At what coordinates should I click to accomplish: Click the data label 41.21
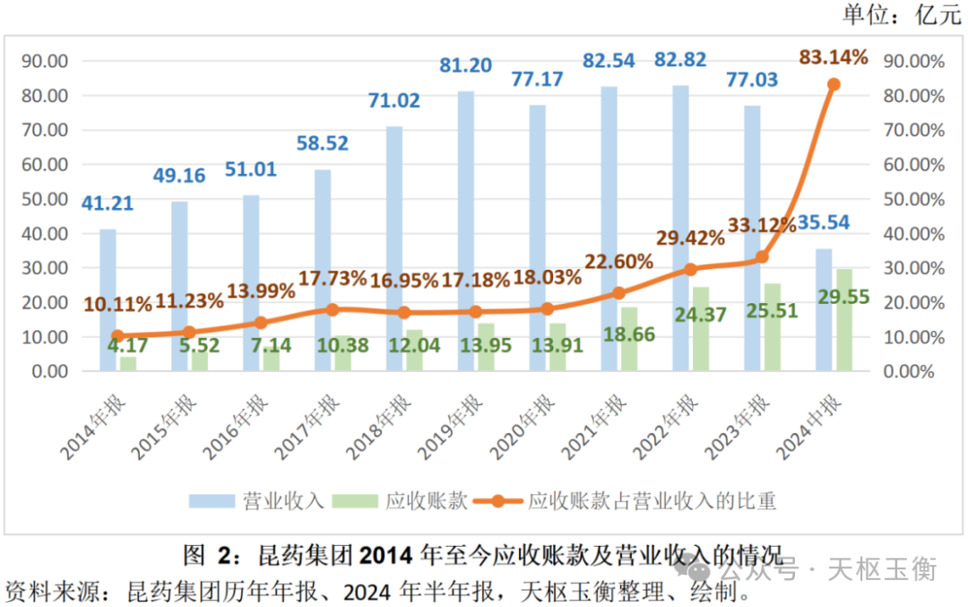click(108, 204)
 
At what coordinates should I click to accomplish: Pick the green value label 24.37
click(702, 316)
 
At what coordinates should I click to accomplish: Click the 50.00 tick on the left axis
click(46, 199)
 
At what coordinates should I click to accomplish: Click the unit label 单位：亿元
click(901, 14)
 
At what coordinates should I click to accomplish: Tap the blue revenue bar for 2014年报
click(108, 299)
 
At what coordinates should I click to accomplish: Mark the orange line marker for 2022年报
click(690, 269)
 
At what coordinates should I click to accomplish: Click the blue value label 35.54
click(844, 222)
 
